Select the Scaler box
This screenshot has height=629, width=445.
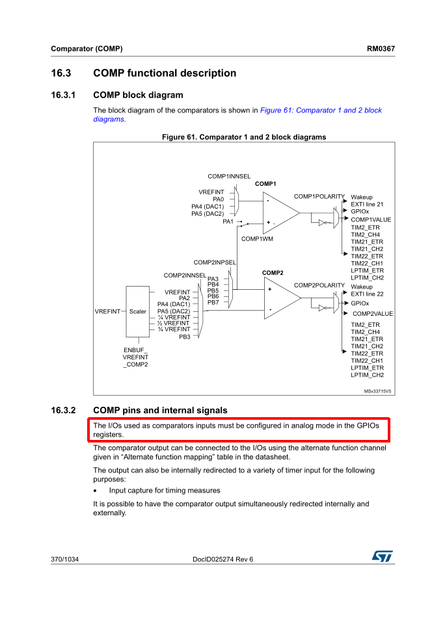[137, 311]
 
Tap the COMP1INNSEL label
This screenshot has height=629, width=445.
[229, 176]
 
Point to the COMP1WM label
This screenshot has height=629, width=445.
[257, 238]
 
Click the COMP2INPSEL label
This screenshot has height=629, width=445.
[215, 262]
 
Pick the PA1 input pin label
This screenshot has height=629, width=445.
[228, 222]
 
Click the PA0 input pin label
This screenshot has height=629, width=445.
[218, 199]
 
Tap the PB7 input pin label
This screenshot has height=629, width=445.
[213, 302]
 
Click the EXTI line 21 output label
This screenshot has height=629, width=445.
[367, 204]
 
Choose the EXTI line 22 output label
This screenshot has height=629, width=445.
[367, 294]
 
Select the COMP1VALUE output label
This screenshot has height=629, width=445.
[371, 220]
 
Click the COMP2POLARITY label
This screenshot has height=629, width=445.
[319, 285]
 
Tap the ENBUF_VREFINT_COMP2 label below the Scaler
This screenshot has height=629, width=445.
[135, 357]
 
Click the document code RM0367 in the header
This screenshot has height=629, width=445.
[381, 49]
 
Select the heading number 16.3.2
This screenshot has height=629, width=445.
[64, 410]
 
